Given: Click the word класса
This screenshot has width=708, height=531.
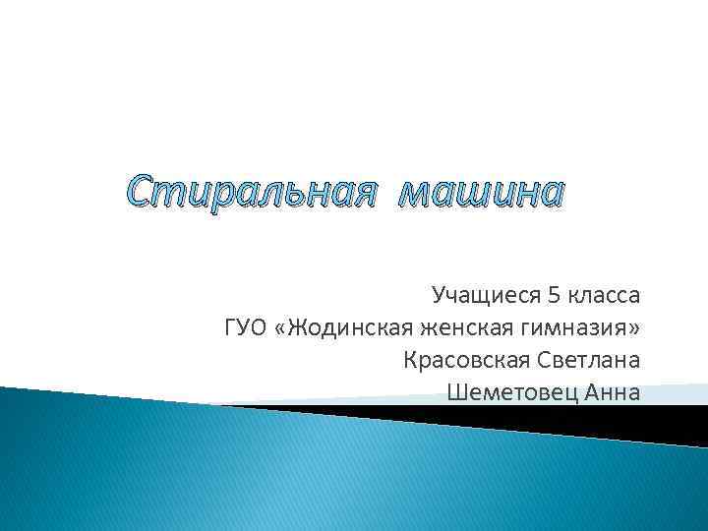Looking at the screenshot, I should click(x=605, y=295).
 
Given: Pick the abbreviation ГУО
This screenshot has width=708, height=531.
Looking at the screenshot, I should click(x=245, y=327).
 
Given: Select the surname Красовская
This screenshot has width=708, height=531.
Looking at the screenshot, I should click(x=460, y=360).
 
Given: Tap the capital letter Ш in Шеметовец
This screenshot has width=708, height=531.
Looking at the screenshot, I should click(x=455, y=393).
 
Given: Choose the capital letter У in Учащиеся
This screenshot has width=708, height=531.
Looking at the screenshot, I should click(x=439, y=295).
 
